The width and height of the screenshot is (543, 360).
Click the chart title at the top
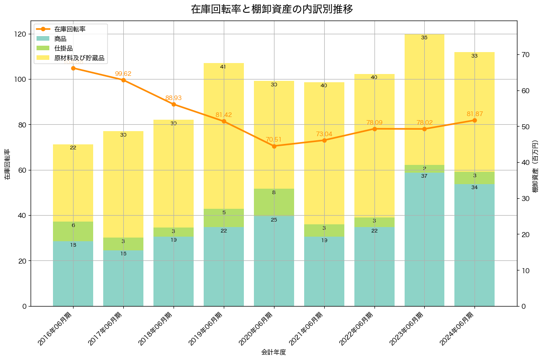(x=271, y=9)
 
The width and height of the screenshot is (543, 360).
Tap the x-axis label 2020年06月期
(x=258, y=330)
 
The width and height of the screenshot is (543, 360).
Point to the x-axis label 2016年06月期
(x=57, y=330)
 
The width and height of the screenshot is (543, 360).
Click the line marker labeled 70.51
(x=274, y=146)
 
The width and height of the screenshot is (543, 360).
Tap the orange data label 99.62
(x=123, y=74)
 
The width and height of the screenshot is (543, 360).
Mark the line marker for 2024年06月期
(x=474, y=120)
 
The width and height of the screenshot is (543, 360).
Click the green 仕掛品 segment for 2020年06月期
(x=274, y=202)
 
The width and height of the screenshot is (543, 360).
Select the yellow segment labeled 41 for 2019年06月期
(x=224, y=136)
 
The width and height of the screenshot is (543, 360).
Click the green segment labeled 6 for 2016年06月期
(x=73, y=231)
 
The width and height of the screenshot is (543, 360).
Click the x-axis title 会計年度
(x=274, y=352)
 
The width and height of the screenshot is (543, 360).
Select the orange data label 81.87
(x=474, y=114)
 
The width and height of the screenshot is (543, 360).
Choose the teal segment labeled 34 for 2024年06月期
(x=474, y=245)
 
